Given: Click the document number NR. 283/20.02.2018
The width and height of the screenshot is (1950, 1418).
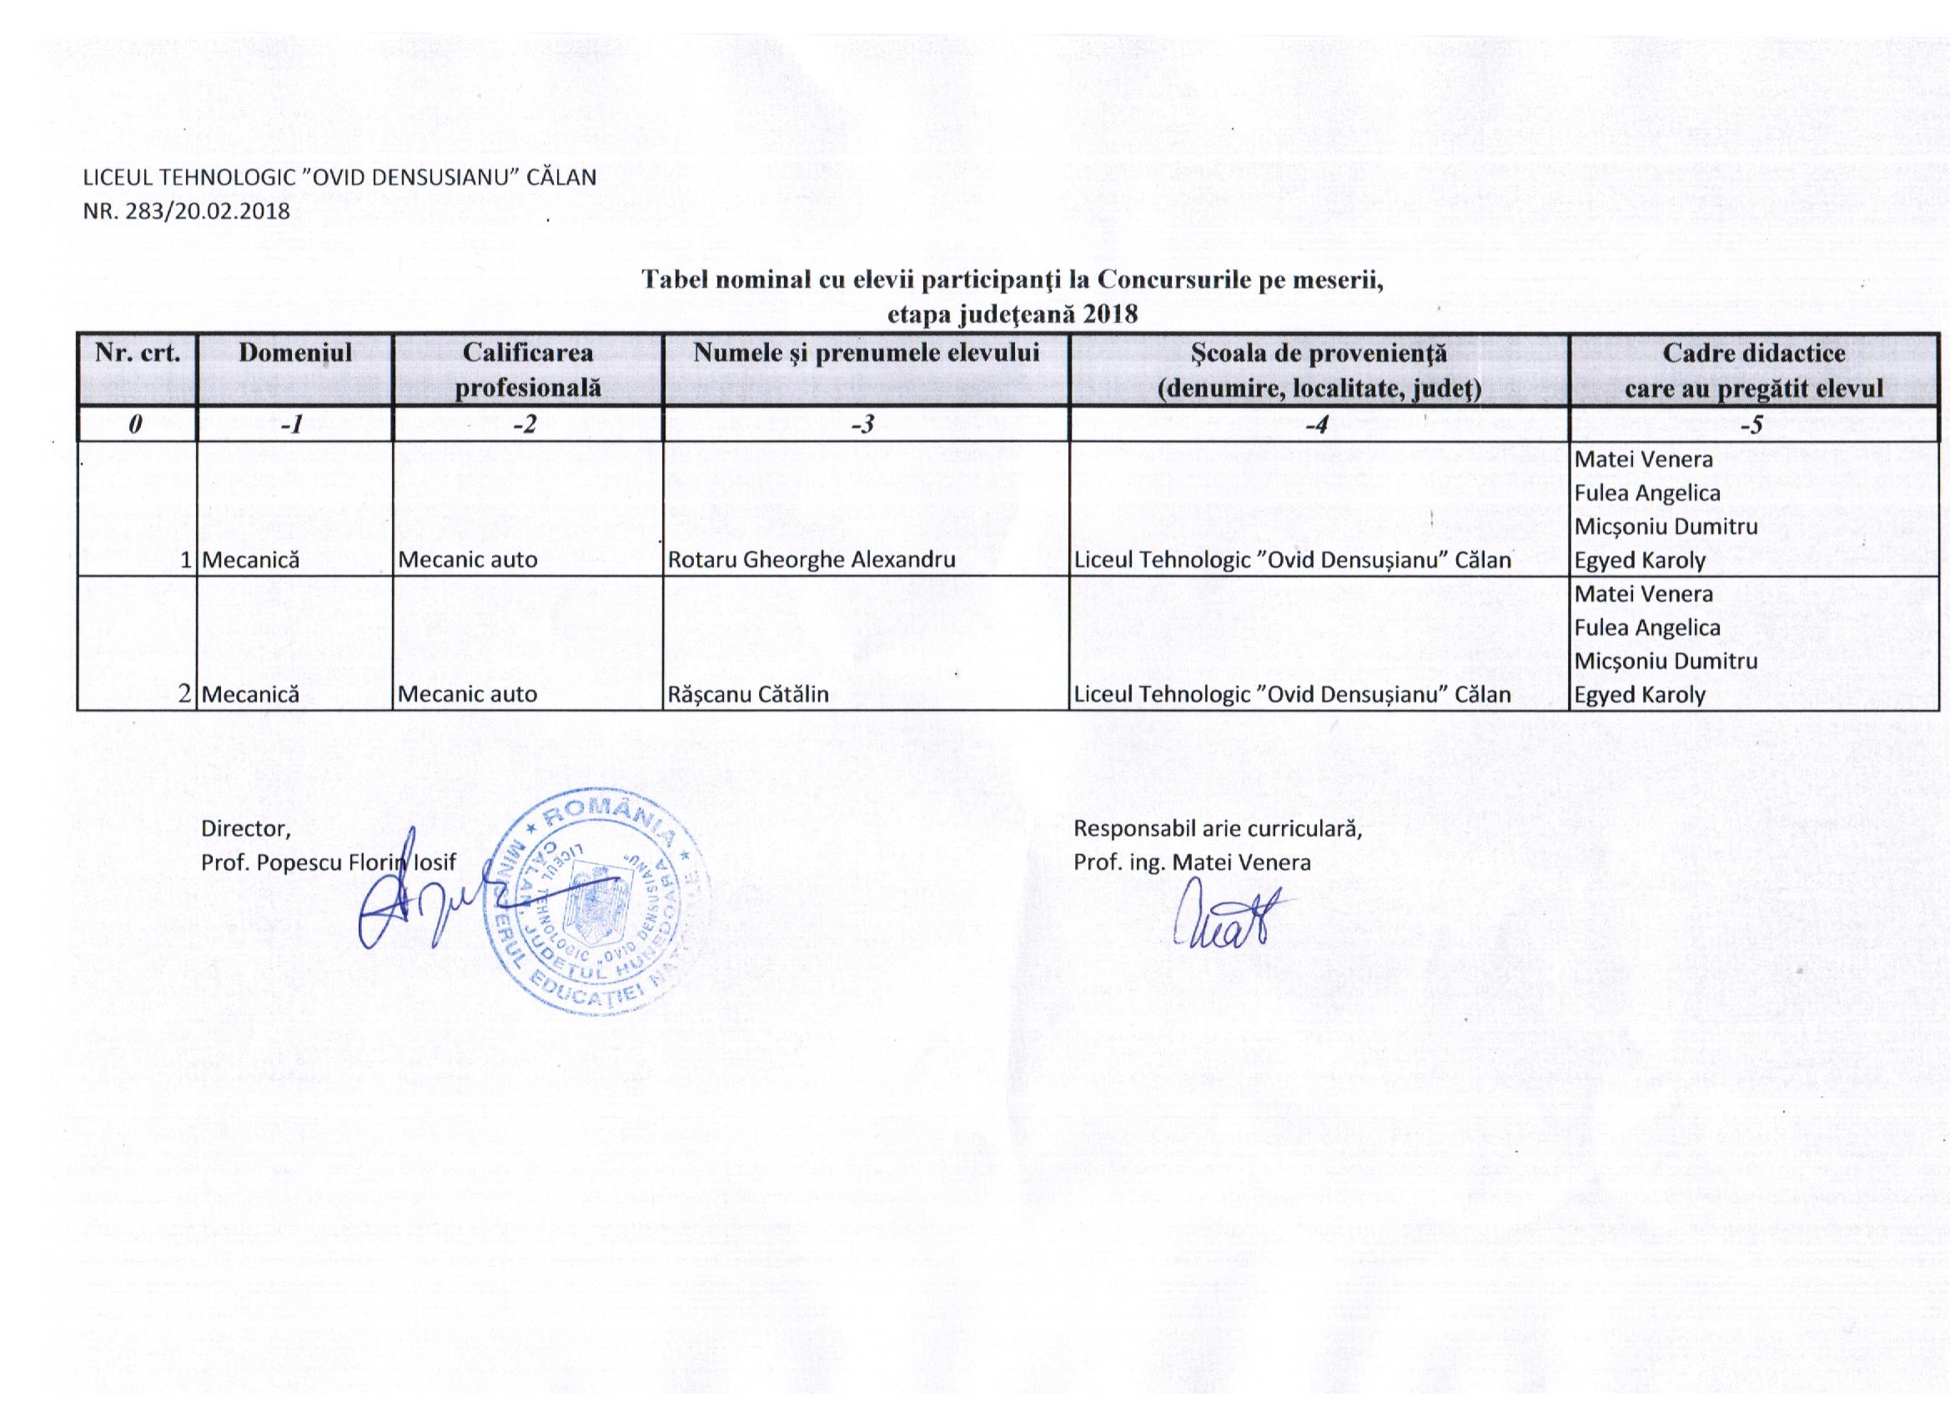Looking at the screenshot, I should pos(187,211).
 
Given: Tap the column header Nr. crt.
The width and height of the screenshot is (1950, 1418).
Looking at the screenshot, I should pos(137,354).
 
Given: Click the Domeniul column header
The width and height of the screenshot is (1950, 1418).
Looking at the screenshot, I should pos(295,353).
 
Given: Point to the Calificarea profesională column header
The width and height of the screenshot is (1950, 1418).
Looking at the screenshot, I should pos(527,370).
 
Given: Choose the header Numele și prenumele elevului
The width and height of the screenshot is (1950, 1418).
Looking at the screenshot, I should pos(867,353).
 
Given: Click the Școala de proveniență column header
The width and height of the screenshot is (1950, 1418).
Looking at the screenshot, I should pos(1319,370).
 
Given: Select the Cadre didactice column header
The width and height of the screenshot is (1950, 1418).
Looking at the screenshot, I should pos(1754,370).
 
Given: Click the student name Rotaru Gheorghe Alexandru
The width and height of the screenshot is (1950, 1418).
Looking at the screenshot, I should pos(812,561).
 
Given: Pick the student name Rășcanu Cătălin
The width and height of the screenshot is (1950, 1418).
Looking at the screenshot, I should pos(748,695).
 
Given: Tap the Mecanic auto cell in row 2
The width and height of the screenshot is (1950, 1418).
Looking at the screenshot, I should pos(468,695).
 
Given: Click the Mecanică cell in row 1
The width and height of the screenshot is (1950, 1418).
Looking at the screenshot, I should pos(250,561).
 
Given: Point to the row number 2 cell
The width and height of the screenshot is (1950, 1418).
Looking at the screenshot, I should pos(184,694).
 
